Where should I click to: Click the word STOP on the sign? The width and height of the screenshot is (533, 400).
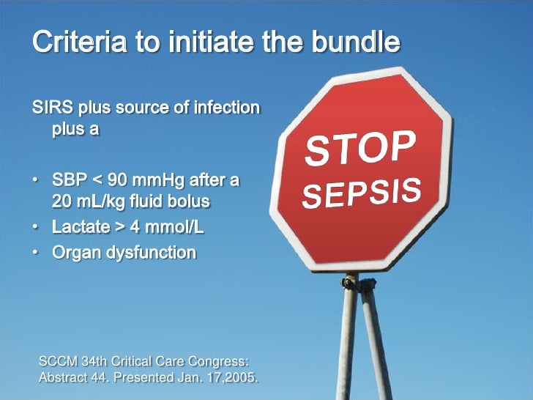pos(361,149)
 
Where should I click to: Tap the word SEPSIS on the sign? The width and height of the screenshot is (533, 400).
pos(362,192)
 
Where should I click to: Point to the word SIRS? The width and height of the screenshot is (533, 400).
pos(51,108)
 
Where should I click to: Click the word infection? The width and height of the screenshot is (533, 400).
pos(226,108)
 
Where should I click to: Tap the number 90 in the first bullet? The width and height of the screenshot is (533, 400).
pos(120,179)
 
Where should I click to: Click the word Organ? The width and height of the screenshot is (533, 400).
pos(75,253)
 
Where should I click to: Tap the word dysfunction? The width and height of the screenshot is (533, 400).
pos(149,253)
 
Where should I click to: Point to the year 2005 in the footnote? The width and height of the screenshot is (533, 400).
pos(242,378)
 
